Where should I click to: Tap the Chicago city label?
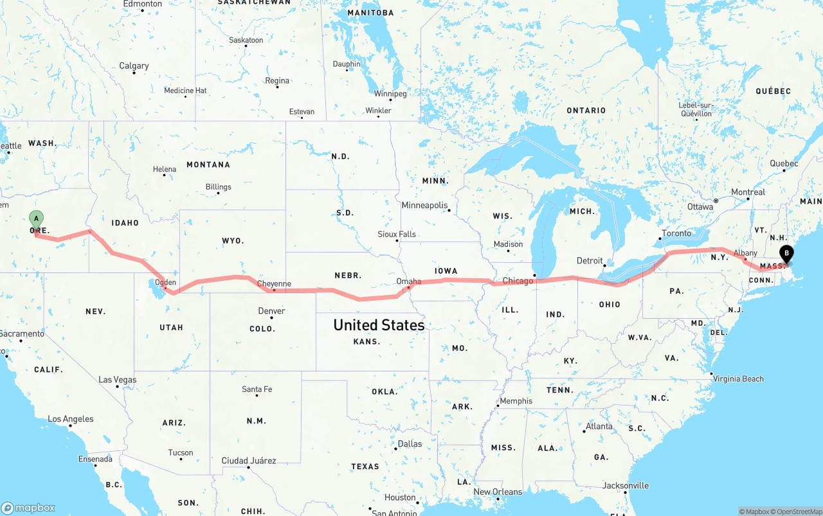[518, 281]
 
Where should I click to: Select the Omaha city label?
[409, 281]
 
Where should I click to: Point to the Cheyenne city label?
[274, 283]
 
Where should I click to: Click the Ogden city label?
[165, 282]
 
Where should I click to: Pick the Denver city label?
[271, 311]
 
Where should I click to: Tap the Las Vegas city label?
[117, 380]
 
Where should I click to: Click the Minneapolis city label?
[424, 206]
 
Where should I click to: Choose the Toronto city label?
[676, 233]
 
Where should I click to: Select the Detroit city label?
[590, 261]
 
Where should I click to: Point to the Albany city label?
[745, 253]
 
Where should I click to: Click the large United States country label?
[379, 325]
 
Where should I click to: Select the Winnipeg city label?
[390, 94]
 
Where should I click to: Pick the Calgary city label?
[134, 66]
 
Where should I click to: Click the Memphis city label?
[516, 401]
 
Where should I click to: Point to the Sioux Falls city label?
[397, 235]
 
